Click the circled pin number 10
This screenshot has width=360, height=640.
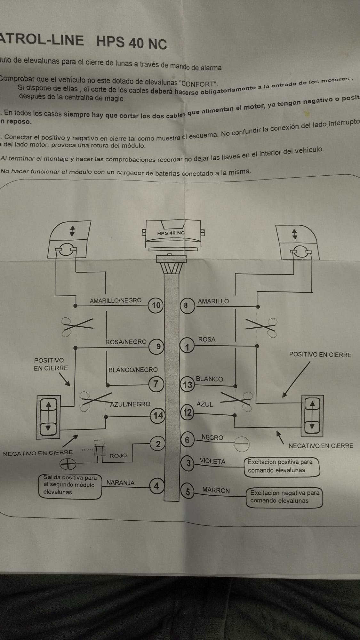pos(156,305)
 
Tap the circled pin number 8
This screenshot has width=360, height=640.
pos(186,305)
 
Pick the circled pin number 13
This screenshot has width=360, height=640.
pos(188,384)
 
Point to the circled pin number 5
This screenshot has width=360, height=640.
pos(188,492)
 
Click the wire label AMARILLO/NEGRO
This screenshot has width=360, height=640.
pos(116,300)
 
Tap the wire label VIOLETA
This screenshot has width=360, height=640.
pos(212,461)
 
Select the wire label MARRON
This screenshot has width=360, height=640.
pos(216,490)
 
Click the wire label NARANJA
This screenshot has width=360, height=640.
pos(120,483)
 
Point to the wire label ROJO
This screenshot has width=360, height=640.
pos(118,455)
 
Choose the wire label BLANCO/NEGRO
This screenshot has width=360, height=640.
pos(133,370)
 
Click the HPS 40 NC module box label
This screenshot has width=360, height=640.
pos(171,233)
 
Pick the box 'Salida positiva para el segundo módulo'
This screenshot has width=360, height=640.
pos(70,485)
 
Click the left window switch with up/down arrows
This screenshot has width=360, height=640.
pos(48,416)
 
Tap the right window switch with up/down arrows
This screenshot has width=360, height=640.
pos(312,415)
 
